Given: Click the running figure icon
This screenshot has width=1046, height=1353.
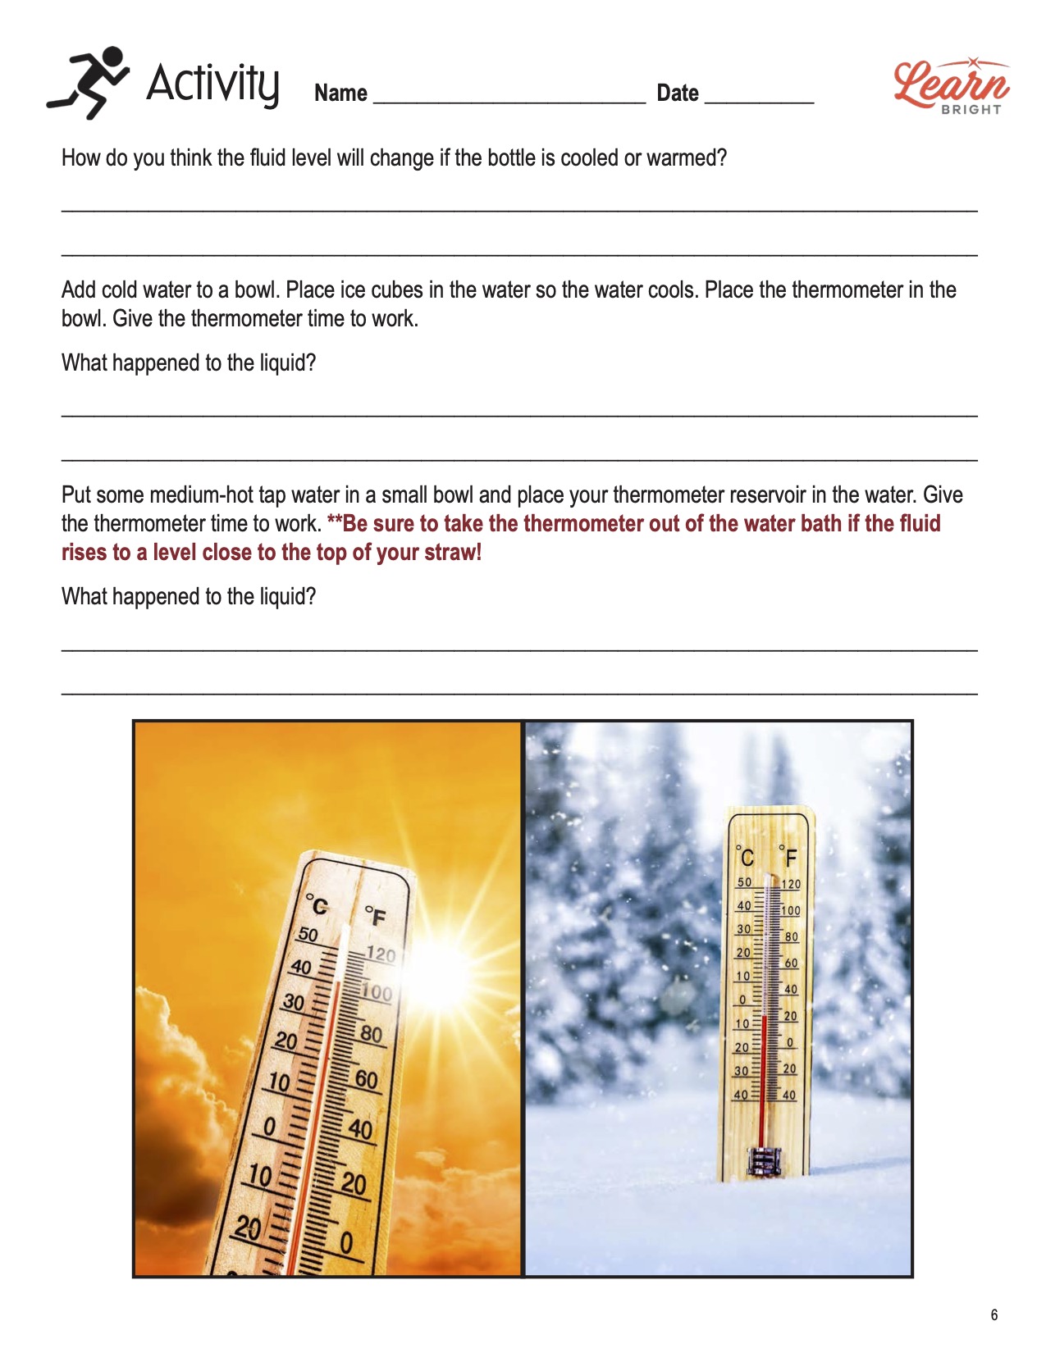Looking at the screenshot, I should [88, 81].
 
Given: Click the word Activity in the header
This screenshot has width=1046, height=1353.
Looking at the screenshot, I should [212, 83].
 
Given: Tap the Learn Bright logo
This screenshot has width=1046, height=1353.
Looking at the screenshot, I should [952, 85].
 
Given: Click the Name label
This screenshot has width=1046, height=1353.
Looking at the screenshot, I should [340, 93].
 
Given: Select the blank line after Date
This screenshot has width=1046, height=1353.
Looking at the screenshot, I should [759, 97].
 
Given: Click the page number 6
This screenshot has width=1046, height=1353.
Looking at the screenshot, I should [994, 1314].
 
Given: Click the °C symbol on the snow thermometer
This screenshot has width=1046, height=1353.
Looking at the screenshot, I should [745, 857].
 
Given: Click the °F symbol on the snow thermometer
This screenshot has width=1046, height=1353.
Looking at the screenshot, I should [788, 857].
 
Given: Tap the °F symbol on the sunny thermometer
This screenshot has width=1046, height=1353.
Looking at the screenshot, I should [375, 915].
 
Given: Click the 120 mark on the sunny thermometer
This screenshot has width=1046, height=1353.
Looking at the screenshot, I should [381, 954].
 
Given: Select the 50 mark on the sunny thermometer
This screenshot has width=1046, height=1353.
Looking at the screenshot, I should [308, 934].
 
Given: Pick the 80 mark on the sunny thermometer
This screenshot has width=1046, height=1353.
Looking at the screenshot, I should [372, 1034].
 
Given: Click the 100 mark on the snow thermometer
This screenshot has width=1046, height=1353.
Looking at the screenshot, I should [790, 910].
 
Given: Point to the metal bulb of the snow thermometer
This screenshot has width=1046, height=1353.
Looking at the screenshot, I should [763, 1161].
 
